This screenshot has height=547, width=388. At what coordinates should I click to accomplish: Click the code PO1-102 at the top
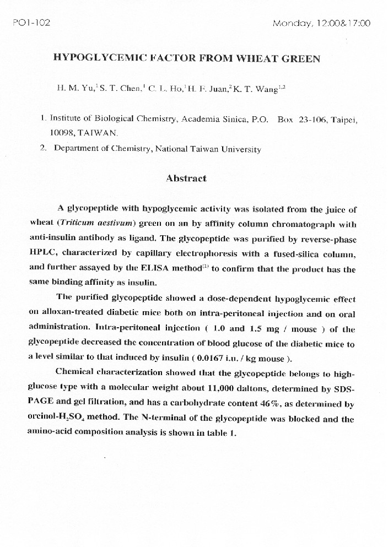pyautogui.click(x=31, y=23)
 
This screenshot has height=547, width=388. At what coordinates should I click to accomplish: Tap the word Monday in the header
pyautogui.click(x=290, y=23)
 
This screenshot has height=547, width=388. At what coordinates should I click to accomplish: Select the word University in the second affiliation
pyautogui.click(x=238, y=149)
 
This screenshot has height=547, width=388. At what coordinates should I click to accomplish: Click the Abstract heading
pyautogui.click(x=186, y=178)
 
